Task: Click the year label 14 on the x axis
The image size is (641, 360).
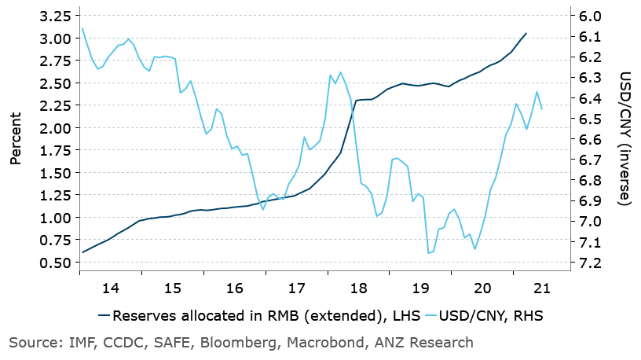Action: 111,288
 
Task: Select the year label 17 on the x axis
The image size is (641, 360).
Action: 297,288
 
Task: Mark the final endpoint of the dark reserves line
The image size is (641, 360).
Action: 526,34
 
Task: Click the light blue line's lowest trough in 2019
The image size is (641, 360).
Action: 429,253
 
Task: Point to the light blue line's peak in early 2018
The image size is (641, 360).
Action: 340,72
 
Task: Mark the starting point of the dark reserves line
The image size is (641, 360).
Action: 82,252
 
